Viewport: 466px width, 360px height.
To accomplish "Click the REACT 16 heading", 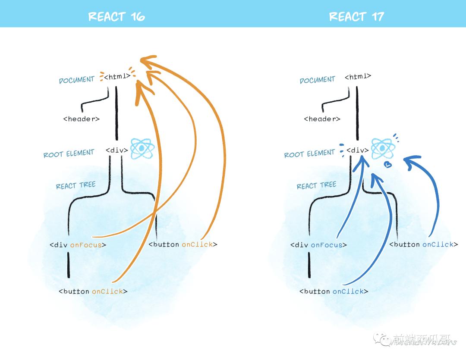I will tap(116, 17).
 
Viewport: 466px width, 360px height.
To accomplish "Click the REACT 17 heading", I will tap(356, 17).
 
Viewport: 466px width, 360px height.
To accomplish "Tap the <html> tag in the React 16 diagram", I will tap(117, 77).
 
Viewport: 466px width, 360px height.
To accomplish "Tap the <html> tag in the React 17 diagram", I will tap(358, 77).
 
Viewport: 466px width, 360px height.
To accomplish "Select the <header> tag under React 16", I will tap(82, 119).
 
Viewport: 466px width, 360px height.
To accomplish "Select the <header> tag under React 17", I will tap(322, 119).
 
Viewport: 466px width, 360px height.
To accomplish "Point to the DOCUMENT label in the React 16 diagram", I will tap(76, 80).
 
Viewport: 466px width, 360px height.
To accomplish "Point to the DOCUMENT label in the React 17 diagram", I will tap(317, 80).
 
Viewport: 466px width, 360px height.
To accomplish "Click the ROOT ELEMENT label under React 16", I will tap(69, 153).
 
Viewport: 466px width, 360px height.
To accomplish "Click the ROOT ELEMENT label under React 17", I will tap(309, 153).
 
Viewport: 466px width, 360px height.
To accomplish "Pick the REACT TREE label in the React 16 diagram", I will tap(76, 185).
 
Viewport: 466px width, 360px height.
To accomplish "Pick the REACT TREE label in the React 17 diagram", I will tap(316, 185).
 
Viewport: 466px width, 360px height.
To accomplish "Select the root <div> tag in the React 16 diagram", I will tap(117, 150).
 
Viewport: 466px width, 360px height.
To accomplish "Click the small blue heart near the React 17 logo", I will tap(388, 164).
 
